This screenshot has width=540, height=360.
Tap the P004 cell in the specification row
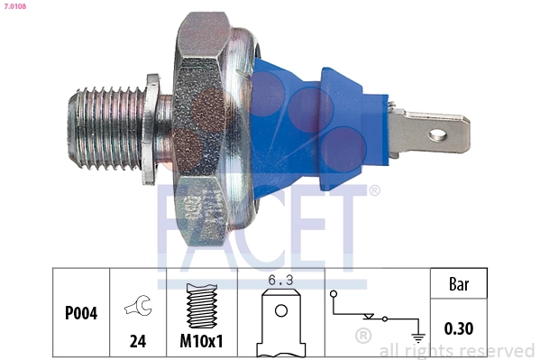point(81,314)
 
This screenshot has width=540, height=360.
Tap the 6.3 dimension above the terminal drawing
point(280,280)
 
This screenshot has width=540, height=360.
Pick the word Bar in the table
point(459,284)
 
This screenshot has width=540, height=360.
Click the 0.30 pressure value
point(459,328)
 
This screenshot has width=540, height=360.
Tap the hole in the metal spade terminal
point(438,135)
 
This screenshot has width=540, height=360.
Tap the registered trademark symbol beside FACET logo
point(375,190)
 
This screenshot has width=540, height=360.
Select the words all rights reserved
point(456,350)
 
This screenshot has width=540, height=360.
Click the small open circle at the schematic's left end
point(334,293)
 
